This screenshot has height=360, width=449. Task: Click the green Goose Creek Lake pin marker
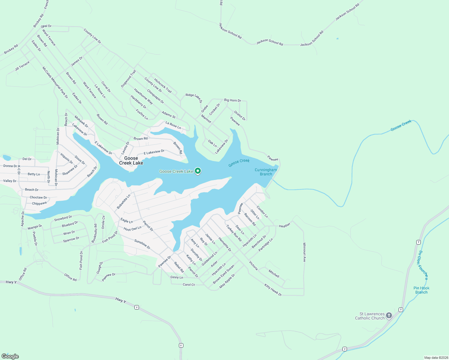[x=198, y=171]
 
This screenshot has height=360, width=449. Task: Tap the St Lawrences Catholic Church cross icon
[x=389, y=315]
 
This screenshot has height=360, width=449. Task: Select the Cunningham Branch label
[x=266, y=172]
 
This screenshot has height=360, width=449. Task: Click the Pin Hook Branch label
[x=421, y=290]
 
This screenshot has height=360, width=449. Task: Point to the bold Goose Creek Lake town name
[x=131, y=160]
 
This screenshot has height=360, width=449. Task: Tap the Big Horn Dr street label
[x=232, y=100]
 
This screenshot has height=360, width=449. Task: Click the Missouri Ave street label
[x=304, y=252]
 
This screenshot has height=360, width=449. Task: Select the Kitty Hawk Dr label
[x=273, y=290]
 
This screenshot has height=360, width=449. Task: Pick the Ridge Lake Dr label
[x=194, y=98]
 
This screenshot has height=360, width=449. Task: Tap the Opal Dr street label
[x=46, y=26]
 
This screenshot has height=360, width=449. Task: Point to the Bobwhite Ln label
[x=124, y=202]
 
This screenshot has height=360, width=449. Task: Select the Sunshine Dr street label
[x=142, y=244]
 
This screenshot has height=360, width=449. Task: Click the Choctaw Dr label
[x=38, y=197]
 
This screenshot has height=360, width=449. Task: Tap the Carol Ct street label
[x=189, y=284]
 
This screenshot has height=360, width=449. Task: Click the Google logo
[x=10, y=356]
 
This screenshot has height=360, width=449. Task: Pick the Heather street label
[x=285, y=225]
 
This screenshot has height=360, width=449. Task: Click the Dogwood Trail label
[x=128, y=79]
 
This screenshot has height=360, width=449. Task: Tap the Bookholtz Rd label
[x=95, y=233]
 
